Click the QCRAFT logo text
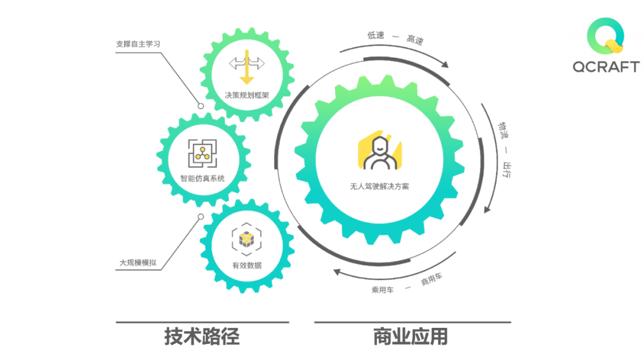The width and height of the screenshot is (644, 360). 606,67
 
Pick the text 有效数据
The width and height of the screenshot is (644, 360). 247,265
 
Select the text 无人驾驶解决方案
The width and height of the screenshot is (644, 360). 379,186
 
